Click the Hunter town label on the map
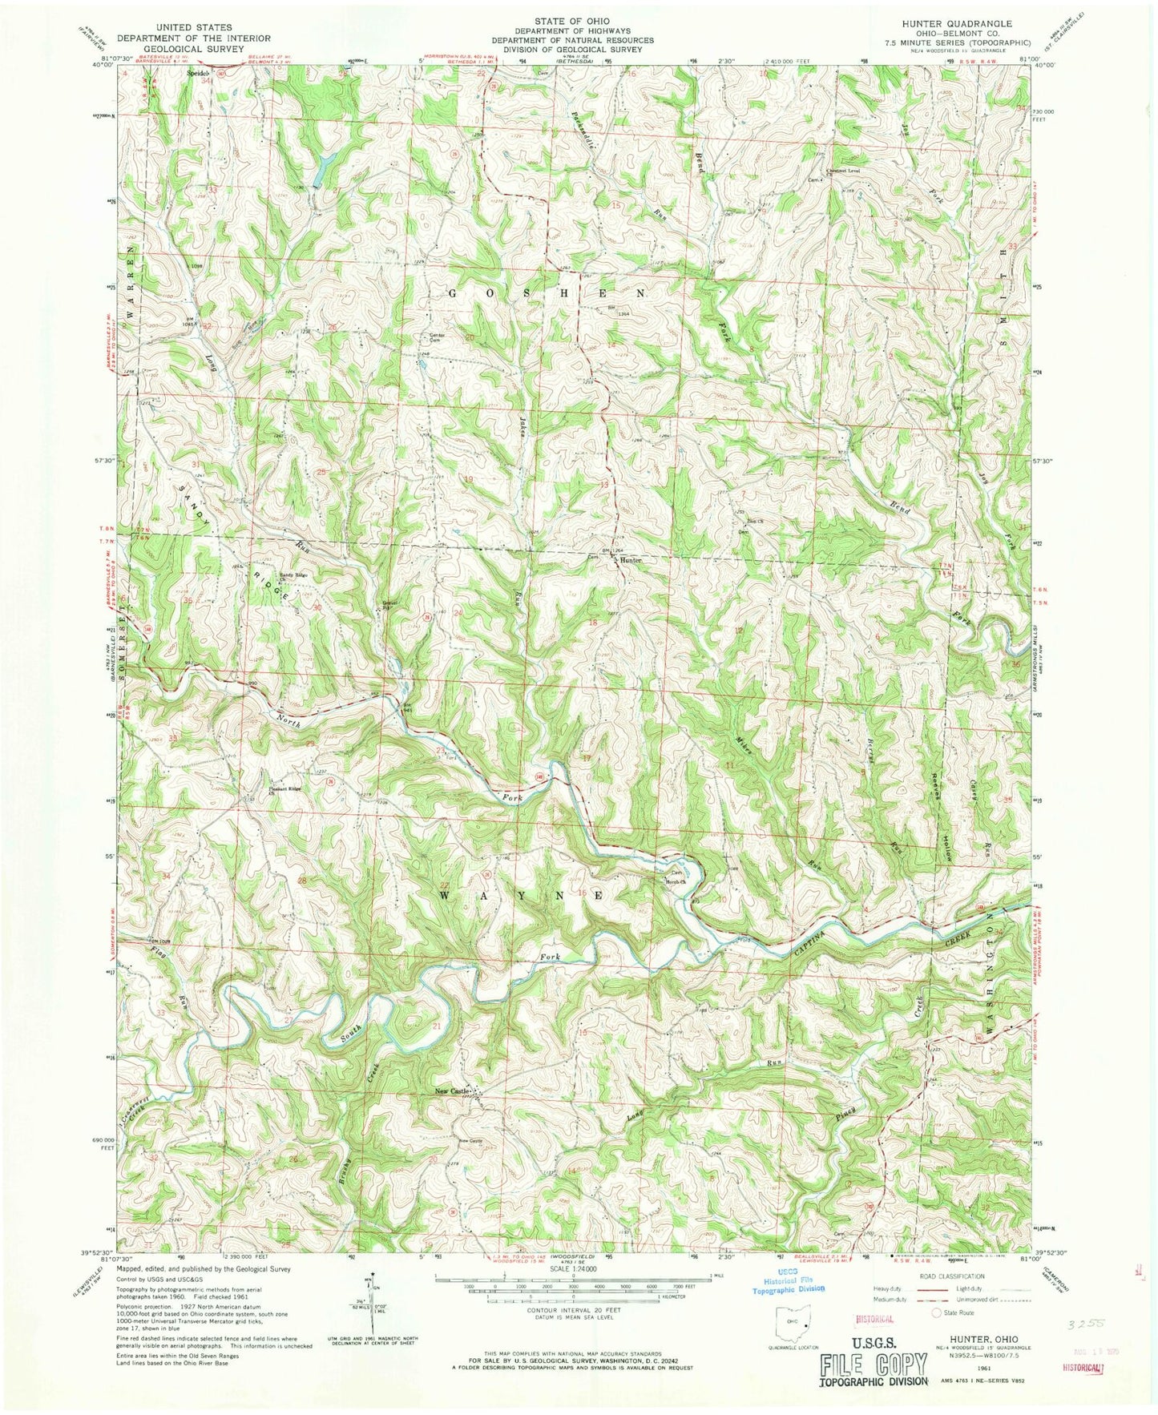[631, 562]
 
